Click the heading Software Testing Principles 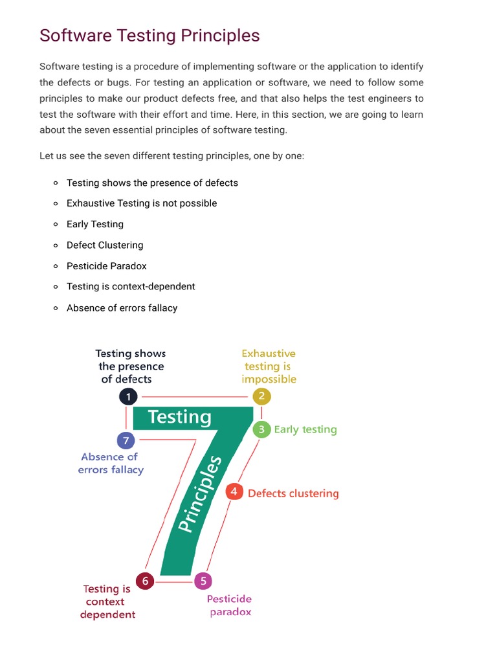[149, 36]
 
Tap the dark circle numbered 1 [128, 396]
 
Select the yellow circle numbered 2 [261, 396]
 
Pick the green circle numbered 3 [261, 429]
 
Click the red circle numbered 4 [234, 491]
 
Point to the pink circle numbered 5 [203, 581]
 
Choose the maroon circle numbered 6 [145, 581]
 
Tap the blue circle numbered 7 [126, 441]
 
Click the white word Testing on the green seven [179, 418]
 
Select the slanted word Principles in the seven [200, 494]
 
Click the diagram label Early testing [305, 429]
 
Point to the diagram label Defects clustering [293, 493]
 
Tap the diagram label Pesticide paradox [230, 605]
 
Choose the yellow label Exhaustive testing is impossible [269, 366]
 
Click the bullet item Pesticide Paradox [106, 266]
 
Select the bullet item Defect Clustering [105, 245]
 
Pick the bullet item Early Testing [94, 224]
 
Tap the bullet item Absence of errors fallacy [122, 308]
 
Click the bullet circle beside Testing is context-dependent [56, 287]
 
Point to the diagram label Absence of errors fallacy [111, 464]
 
